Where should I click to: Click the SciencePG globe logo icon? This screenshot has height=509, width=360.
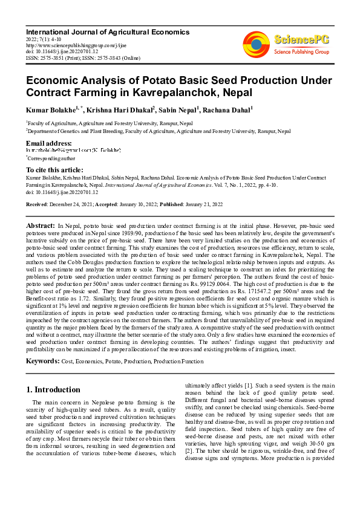pyautogui.click(x=256, y=44)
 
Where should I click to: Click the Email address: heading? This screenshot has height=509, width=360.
pyautogui.click(x=49, y=143)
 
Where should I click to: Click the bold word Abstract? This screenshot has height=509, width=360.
pyautogui.click(x=40, y=225)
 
